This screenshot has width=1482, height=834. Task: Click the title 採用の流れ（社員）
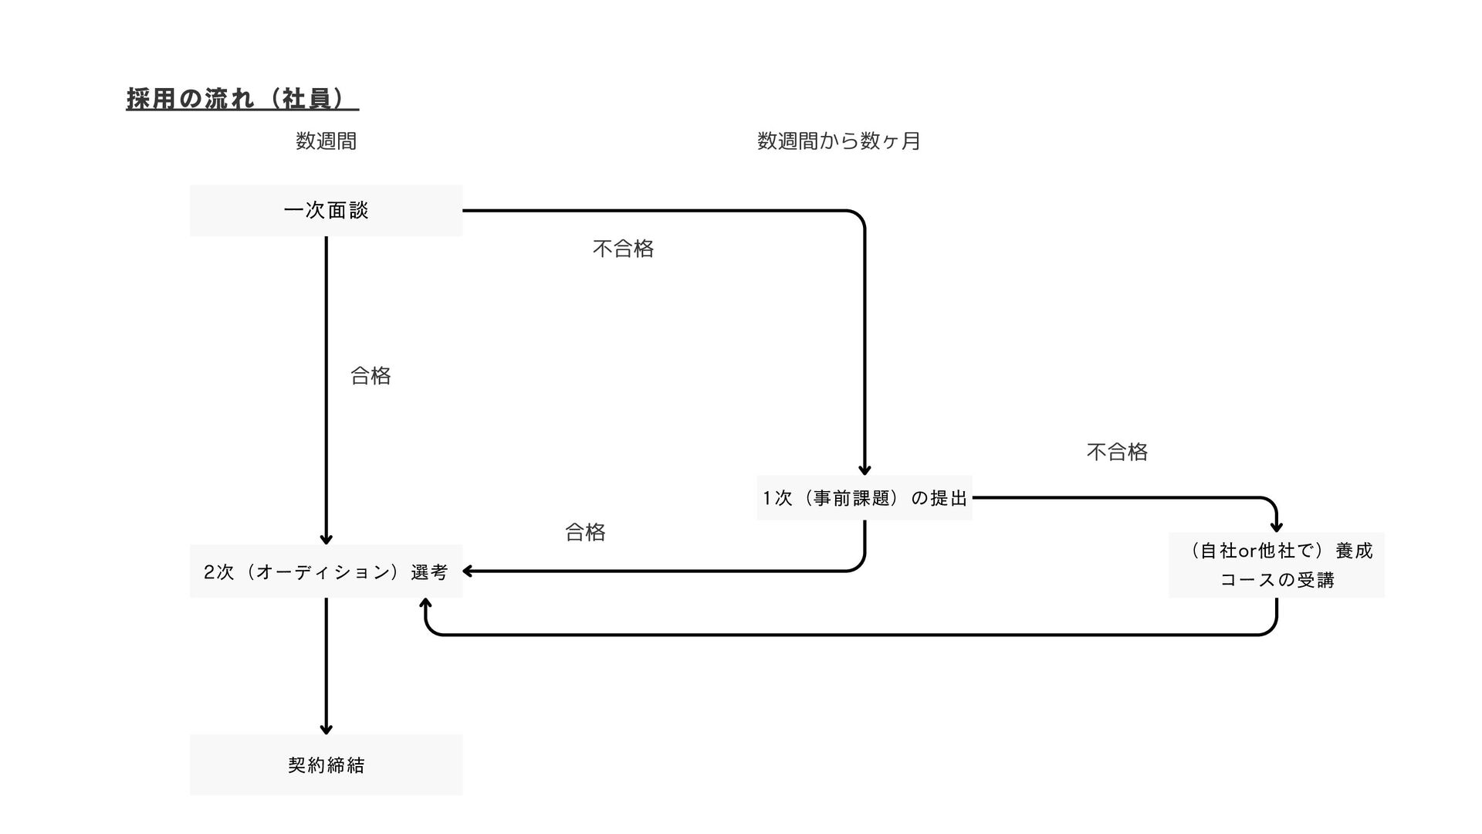click(242, 99)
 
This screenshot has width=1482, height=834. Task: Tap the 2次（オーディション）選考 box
click(326, 571)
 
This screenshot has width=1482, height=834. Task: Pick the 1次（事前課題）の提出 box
click(864, 498)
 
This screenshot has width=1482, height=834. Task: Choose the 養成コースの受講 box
click(1276, 564)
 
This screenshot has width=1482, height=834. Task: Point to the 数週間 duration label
click(326, 141)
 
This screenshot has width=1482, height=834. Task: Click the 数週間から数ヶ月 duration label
click(838, 141)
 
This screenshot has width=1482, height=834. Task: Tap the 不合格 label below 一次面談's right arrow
click(623, 249)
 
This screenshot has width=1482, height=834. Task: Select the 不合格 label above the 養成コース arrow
click(1117, 452)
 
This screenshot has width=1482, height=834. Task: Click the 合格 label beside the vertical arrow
click(370, 376)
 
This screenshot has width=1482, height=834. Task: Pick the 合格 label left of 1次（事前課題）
click(585, 532)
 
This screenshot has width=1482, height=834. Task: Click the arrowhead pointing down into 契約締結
click(326, 729)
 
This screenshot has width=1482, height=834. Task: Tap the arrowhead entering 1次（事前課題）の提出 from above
click(864, 470)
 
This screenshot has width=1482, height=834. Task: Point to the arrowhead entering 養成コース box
click(1277, 527)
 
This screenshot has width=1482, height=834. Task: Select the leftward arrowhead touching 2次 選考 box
click(467, 571)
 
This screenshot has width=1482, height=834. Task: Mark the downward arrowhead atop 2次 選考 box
click(326, 539)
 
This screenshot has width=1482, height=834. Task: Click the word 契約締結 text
click(326, 765)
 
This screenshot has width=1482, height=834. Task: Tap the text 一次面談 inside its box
click(326, 211)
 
